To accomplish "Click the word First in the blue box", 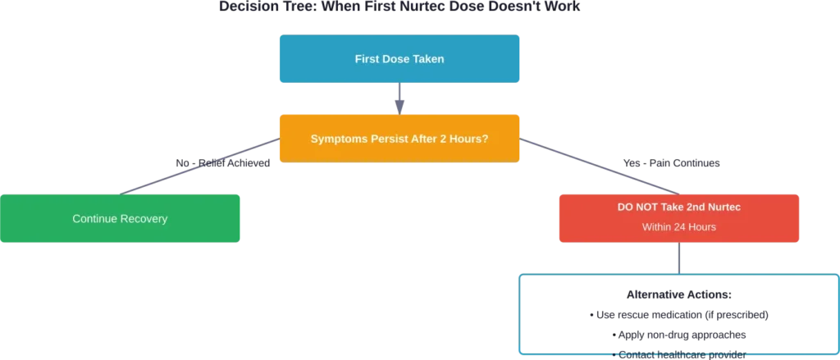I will pyautogui.click(x=367, y=59).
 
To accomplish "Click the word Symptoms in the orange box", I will pyautogui.click(x=338, y=139).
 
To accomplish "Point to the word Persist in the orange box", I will pyautogui.click(x=388, y=139).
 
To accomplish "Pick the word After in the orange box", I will pyautogui.click(x=425, y=139).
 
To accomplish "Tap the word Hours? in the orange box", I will pyautogui.click(x=470, y=139).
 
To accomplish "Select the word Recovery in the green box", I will pyautogui.click(x=144, y=219).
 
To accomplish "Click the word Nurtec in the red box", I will pyautogui.click(x=723, y=207).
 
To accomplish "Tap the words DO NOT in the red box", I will pyautogui.click(x=638, y=207).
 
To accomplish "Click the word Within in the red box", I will pyautogui.click(x=658, y=226).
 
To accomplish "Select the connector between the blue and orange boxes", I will pyautogui.click(x=400, y=98).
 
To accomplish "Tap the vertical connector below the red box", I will pyautogui.click(x=678, y=256).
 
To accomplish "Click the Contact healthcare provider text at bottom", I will pyautogui.click(x=678, y=354).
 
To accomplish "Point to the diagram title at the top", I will pyautogui.click(x=400, y=7).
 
